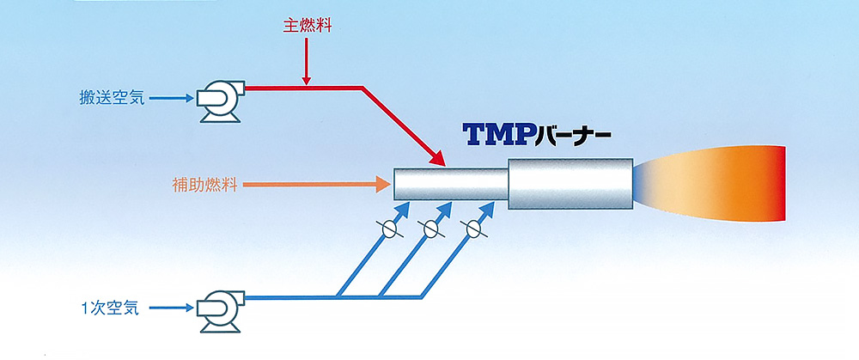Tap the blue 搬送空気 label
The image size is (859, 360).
coord(110,100)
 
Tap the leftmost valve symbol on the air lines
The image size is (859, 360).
coord(388,229)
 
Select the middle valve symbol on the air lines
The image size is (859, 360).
coord(429,229)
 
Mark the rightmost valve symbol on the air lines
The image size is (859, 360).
coord(471,229)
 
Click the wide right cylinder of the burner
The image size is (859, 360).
coord(570,183)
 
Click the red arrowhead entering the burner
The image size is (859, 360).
coord(437,158)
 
